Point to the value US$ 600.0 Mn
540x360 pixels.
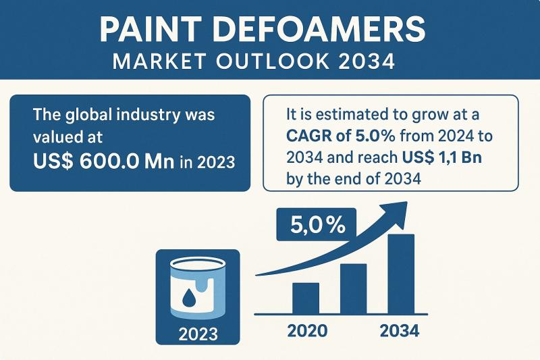pos(104,161)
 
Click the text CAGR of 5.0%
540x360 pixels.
pos(341,136)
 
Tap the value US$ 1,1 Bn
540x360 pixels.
pos(442,157)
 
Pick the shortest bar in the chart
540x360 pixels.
pos(306,298)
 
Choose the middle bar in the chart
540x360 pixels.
pos(353,288)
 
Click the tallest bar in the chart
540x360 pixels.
pos(401,274)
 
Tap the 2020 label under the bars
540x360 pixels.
pos(307,331)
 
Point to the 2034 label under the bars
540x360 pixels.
pos(400,331)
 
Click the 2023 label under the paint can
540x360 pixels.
pos(198,334)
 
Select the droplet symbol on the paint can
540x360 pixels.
pos(188,299)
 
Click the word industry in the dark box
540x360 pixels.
pos(148,115)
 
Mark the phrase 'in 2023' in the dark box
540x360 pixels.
pos(207,161)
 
